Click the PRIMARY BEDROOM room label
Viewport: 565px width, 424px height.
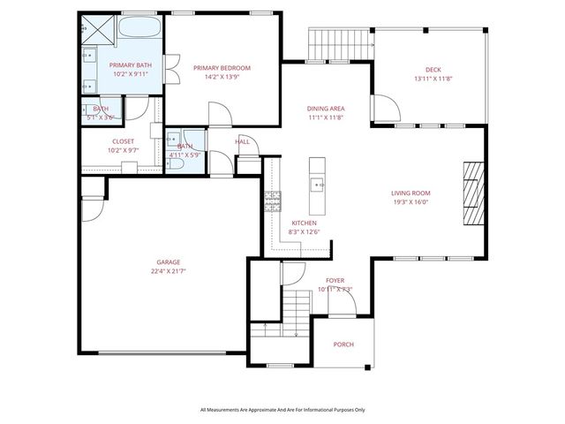(222, 68)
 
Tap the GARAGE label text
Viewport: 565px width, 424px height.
(169, 262)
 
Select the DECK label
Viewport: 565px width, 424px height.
(432, 70)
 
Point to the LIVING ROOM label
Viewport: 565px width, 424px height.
(411, 193)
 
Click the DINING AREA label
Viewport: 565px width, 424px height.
(325, 108)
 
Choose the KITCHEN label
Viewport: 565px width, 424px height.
(304, 223)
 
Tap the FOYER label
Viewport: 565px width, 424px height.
(335, 281)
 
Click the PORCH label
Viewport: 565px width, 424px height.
(344, 345)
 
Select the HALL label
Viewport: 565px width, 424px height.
(242, 141)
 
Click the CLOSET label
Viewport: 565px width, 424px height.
(123, 141)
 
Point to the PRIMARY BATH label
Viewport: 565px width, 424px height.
(130, 65)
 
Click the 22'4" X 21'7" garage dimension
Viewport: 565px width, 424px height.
(169, 271)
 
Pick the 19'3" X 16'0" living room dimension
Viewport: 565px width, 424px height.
(411, 201)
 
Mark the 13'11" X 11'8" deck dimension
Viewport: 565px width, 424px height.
(432, 79)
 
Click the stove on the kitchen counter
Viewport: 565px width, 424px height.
(267, 202)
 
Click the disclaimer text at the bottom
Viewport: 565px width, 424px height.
(282, 410)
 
